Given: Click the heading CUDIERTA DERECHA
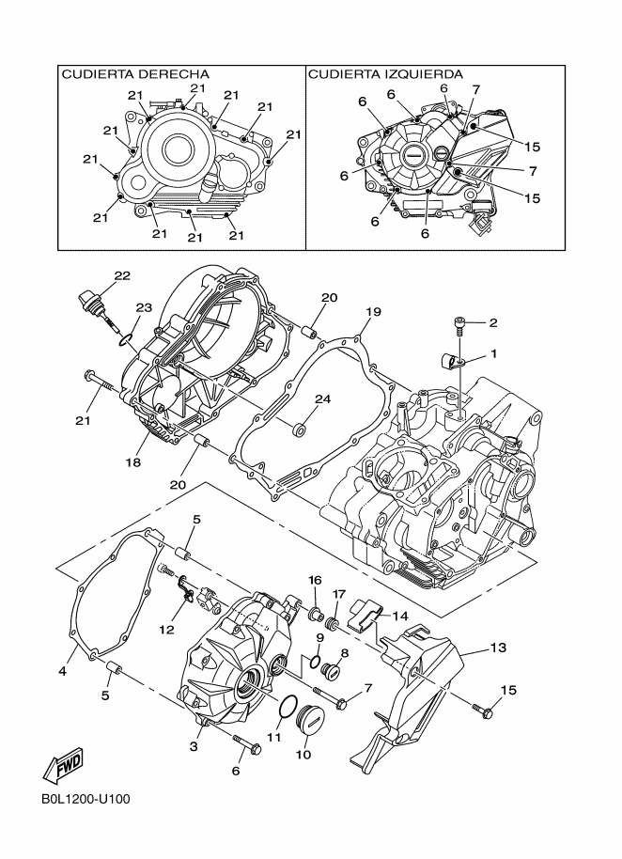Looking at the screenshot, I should pos(134,74).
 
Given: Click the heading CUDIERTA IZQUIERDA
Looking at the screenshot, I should pos(385,74).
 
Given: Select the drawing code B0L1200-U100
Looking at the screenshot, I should pos(85,801).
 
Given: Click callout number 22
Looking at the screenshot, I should pos(122,275).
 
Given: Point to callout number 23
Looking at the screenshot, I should pos(143,307).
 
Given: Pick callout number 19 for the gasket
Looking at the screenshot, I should pos(372,311).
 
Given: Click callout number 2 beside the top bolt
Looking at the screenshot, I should pos(492,322).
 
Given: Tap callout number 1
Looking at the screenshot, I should pos(492,354).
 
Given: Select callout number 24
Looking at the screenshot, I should pos(322,398).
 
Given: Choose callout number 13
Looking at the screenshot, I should pos(498,648).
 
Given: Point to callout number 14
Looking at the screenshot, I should pos(400,617).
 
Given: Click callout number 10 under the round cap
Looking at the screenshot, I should pos(303,754).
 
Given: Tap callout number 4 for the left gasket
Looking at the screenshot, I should pos(62,671).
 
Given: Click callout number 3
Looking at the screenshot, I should pos(194,746).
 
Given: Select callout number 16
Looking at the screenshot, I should pos(316,579).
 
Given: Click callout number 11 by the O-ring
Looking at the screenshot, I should pos(273,738).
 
